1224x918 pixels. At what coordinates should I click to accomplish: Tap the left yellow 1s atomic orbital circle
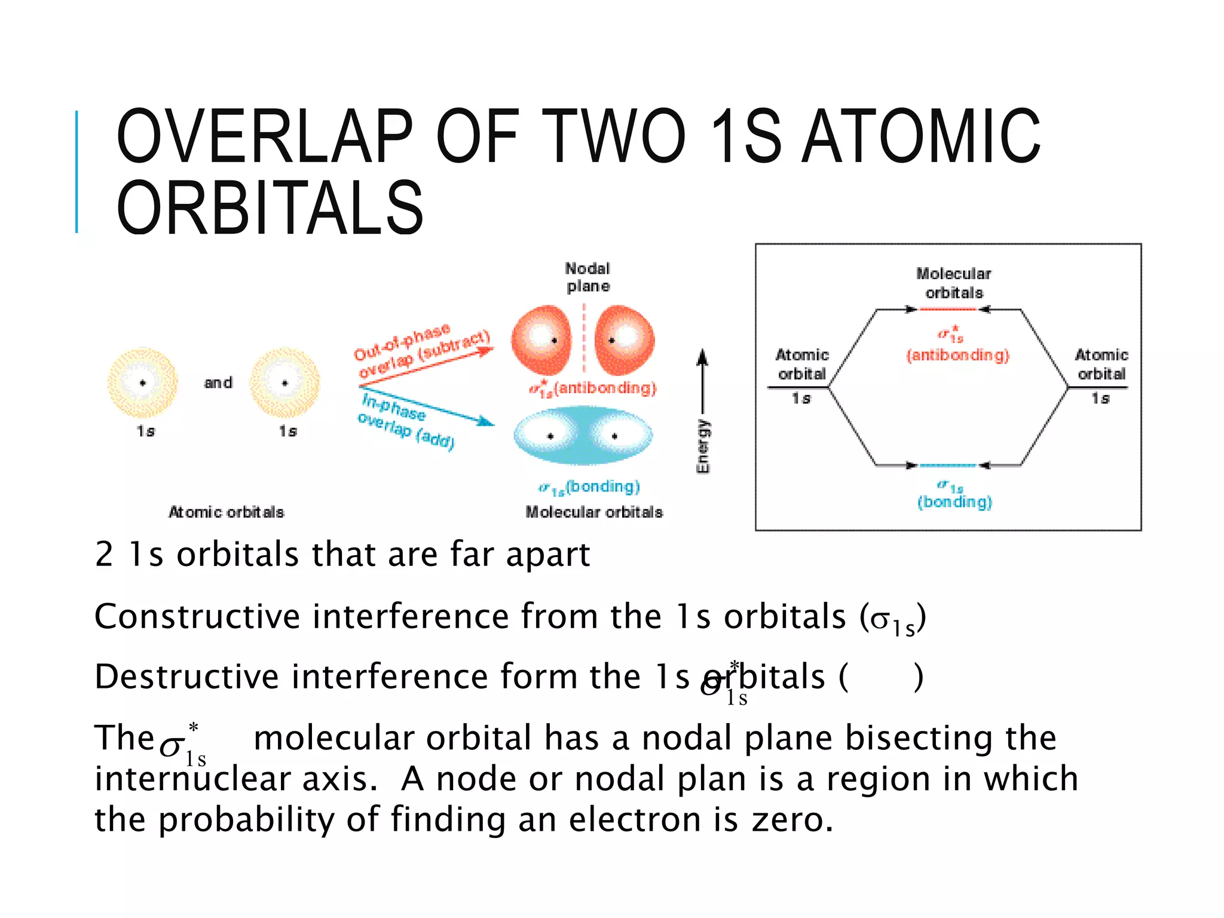142,382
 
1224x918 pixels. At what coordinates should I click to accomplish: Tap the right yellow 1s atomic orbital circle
284,382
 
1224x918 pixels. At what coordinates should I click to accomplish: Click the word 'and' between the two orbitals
218,382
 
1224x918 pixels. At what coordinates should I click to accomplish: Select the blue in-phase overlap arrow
427,406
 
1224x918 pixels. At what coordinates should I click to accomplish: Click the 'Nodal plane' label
588,277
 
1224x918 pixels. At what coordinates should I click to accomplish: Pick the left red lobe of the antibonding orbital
541,339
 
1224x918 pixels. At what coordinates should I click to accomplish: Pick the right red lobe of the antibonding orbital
625,339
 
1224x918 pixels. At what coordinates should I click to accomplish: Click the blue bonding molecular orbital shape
583,436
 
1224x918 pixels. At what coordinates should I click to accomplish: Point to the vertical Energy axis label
703,446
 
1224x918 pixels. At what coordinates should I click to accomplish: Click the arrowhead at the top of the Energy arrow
703,357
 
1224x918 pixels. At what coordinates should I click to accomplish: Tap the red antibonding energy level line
948,310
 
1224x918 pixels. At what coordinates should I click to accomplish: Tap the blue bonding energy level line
948,465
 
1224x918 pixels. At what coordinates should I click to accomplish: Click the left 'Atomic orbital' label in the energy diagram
802,364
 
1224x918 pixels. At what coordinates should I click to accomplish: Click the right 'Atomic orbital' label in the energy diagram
1101,364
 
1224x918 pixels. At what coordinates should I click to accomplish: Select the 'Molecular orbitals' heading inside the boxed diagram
954,283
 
